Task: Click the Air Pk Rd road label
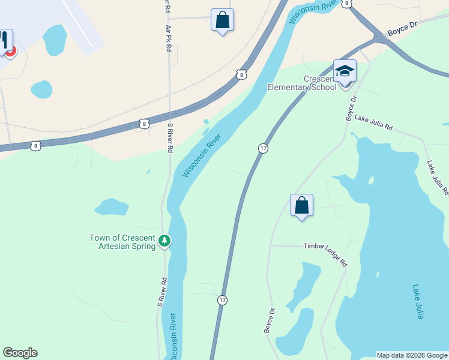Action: (169, 38)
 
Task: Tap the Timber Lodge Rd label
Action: (325, 254)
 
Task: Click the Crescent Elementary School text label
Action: (320, 83)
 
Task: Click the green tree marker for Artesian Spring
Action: (164, 241)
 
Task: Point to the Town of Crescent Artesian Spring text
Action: (122, 241)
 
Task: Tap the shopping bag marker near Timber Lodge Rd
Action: (301, 206)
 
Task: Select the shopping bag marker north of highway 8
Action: (222, 20)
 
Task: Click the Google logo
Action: (20, 353)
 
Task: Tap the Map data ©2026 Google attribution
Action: (412, 355)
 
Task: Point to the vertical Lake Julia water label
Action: (418, 302)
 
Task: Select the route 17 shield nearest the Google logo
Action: (223, 299)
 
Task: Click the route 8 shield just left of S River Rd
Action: (144, 124)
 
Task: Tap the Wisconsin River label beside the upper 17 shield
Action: (202, 155)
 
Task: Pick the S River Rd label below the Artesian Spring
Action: (161, 292)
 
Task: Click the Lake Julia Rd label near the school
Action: (373, 123)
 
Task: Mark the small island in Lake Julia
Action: (371, 180)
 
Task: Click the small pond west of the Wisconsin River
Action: (111, 207)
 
